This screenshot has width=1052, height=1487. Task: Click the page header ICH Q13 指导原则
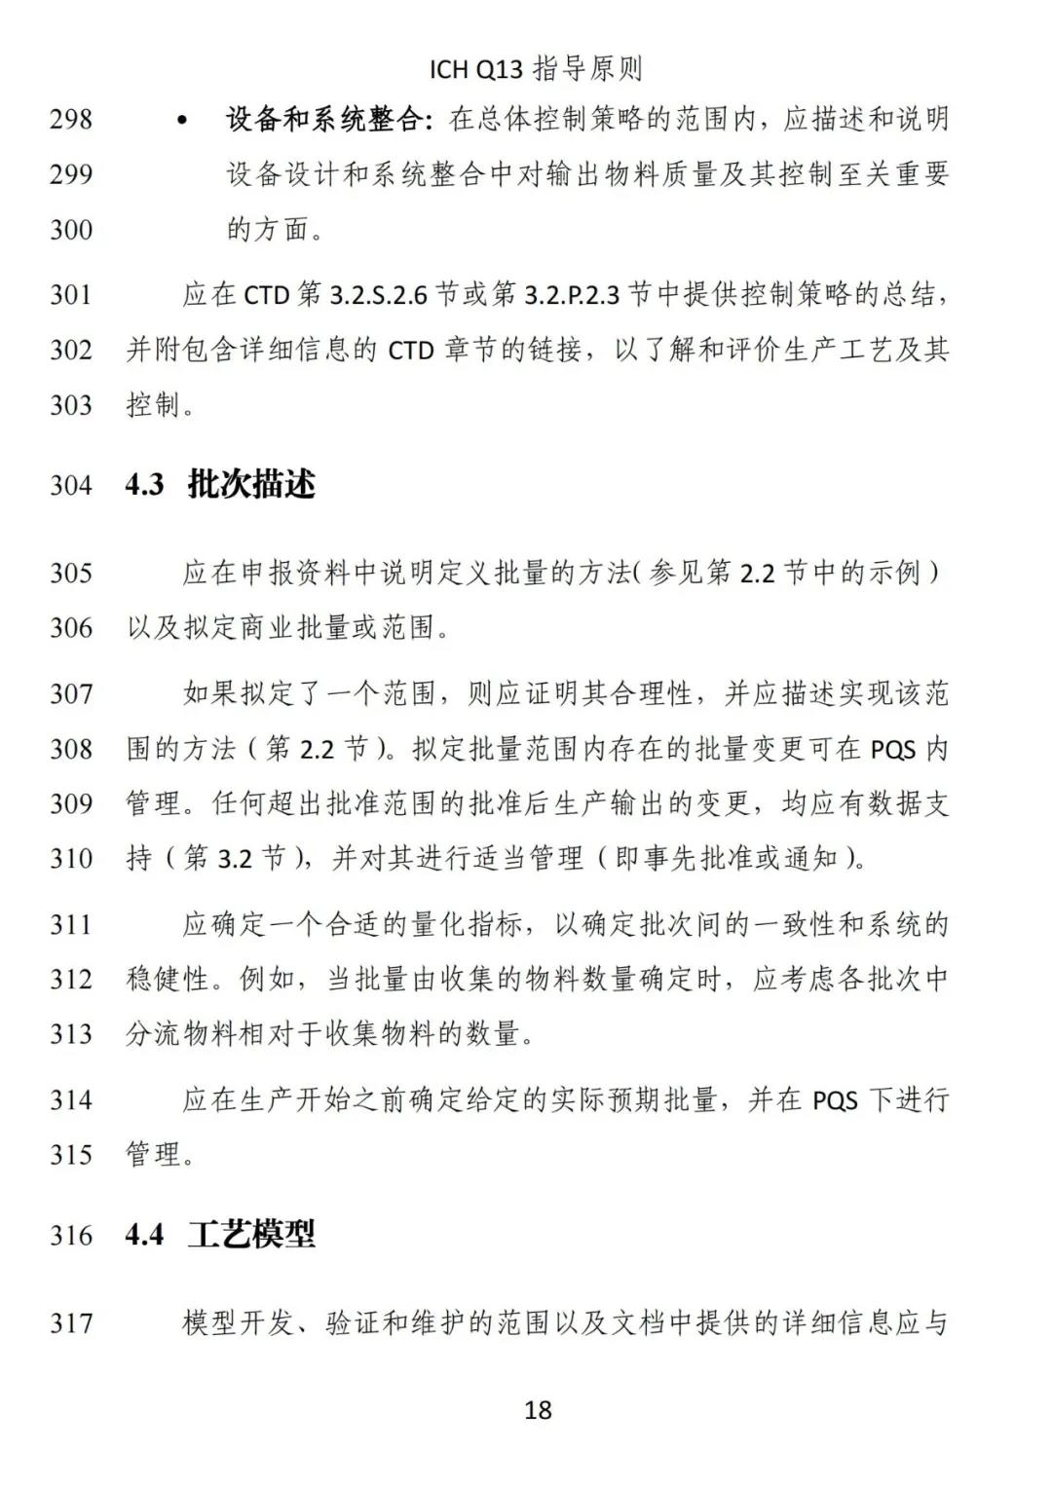pyautogui.click(x=536, y=69)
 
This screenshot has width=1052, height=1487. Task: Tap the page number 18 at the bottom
pyautogui.click(x=538, y=1409)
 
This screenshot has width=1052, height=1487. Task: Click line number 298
pyautogui.click(x=71, y=120)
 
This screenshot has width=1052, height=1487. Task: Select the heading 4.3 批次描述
pyautogui.click(x=221, y=484)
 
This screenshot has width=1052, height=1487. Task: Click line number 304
pyautogui.click(x=71, y=485)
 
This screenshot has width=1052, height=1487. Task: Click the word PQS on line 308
pyautogui.click(x=893, y=750)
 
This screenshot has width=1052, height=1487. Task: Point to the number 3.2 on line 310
pyautogui.click(x=235, y=859)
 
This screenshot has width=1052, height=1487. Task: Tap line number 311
pyautogui.click(x=71, y=924)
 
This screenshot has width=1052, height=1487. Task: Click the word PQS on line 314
pyautogui.click(x=835, y=1100)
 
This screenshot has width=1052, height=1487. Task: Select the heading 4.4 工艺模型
pyautogui.click(x=221, y=1235)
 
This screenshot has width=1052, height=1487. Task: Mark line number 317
pyautogui.click(x=71, y=1323)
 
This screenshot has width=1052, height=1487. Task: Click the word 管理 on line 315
pyautogui.click(x=154, y=1155)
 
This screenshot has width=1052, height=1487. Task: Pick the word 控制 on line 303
pyautogui.click(x=154, y=405)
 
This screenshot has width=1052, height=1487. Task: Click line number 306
pyautogui.click(x=71, y=628)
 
